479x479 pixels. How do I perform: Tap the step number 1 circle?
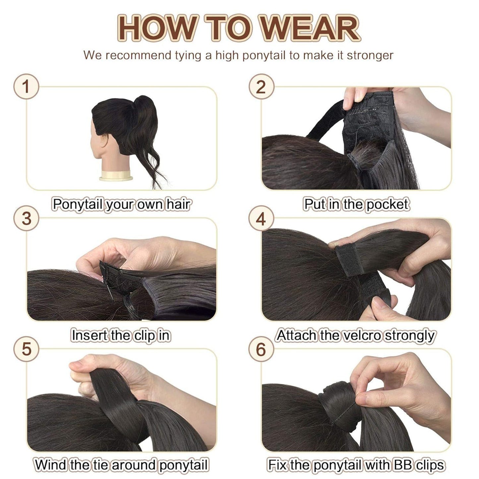tap(26, 87)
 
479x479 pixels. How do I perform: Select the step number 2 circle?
tap(261, 87)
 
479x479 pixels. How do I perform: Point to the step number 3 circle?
tap(26, 218)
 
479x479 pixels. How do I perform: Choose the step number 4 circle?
tap(261, 218)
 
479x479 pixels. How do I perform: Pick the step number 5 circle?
tap(26, 349)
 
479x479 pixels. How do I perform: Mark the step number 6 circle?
tap(261, 349)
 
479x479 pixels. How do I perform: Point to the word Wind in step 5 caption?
tap(51, 465)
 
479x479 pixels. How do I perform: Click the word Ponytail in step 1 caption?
tap(78, 204)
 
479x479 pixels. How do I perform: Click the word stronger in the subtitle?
tap(370, 55)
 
